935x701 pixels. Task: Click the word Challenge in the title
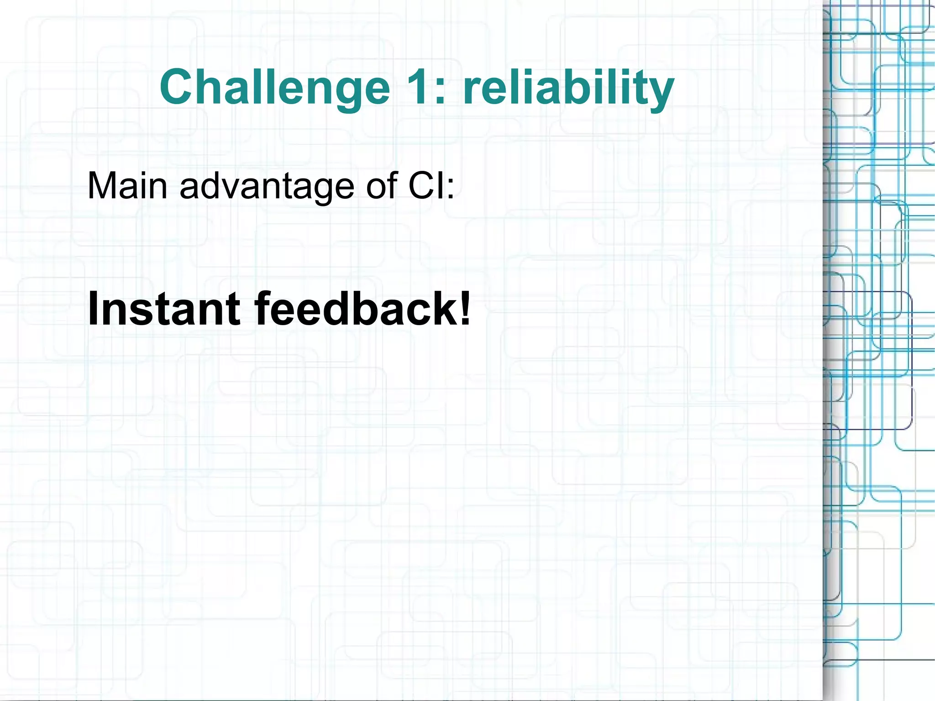coord(274,87)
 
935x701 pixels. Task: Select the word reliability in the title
coord(568,87)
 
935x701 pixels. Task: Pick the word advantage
coord(267,186)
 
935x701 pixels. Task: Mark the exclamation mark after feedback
coord(465,309)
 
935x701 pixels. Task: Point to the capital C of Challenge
coord(177,87)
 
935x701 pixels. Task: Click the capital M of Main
coord(101,186)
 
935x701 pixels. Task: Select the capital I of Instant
coord(93,309)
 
